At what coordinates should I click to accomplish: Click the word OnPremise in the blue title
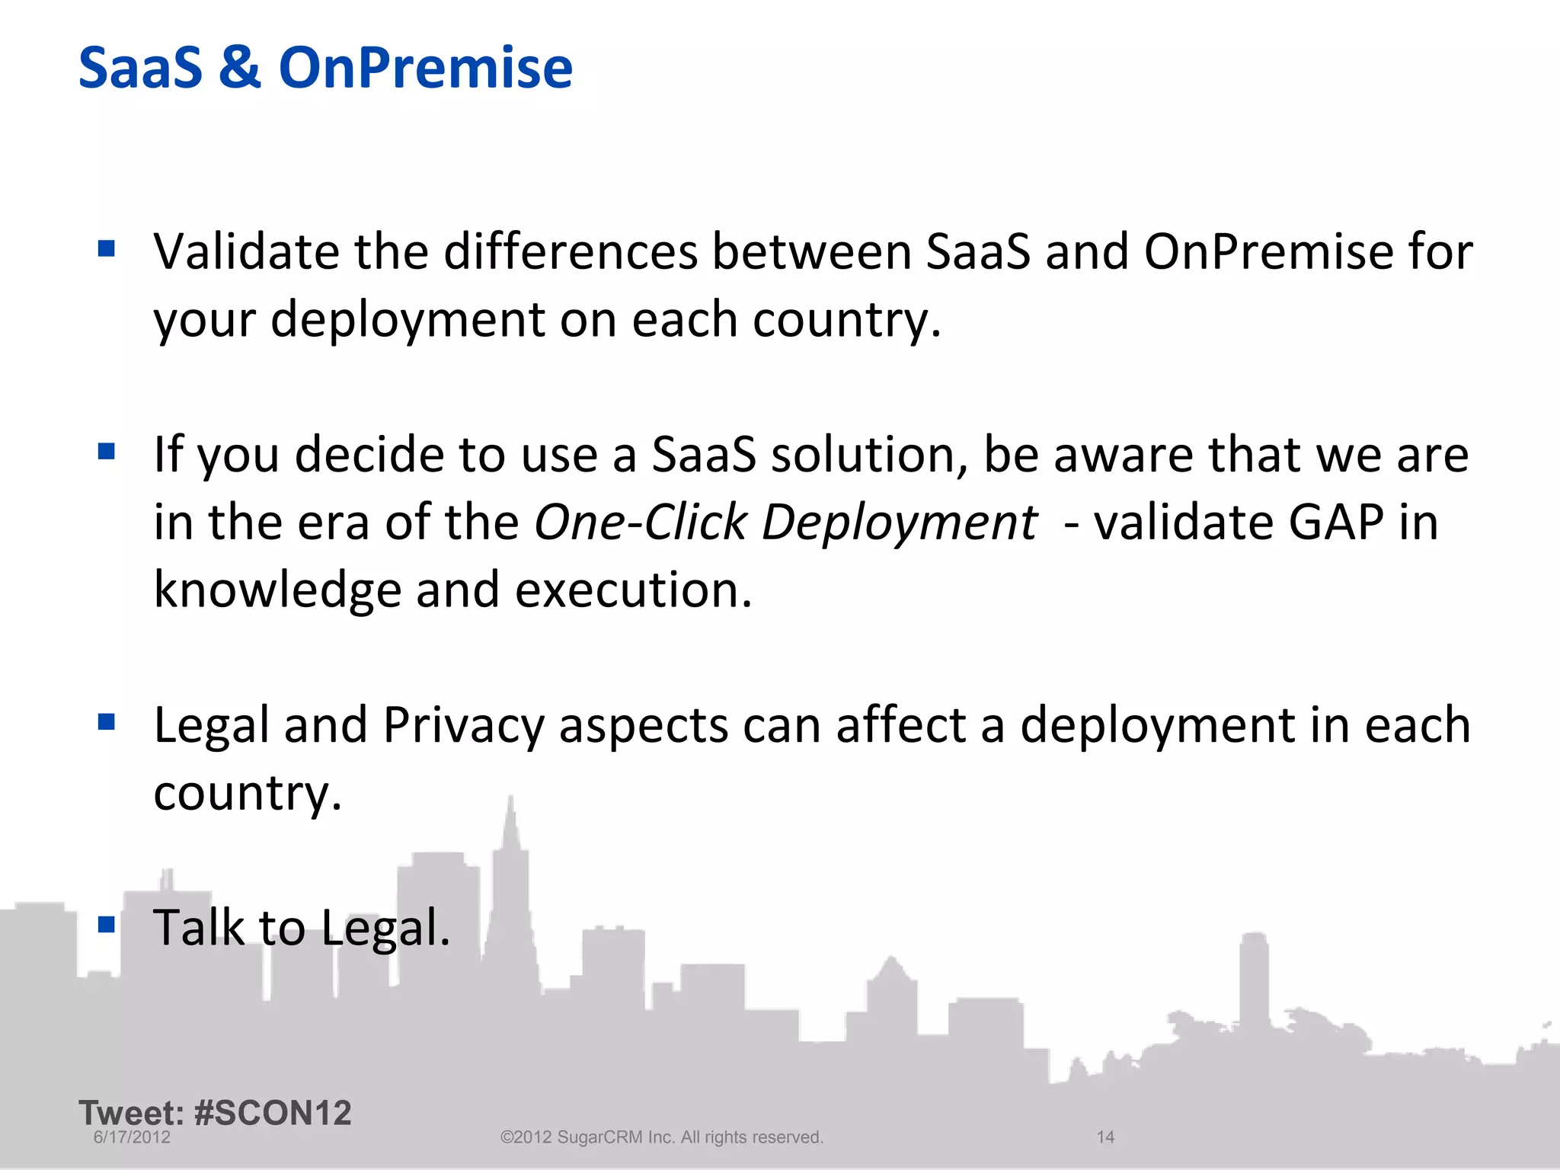pyautogui.click(x=425, y=69)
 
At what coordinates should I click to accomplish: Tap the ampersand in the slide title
pyautogui.click(x=240, y=69)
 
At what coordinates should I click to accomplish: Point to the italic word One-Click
pyautogui.click(x=640, y=523)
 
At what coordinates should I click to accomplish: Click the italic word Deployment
pyautogui.click(x=899, y=524)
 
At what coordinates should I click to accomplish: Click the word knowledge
pyautogui.click(x=277, y=590)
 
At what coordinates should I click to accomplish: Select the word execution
pyautogui.click(x=633, y=590)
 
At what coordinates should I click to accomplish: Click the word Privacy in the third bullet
pyautogui.click(x=463, y=725)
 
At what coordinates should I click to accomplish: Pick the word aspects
pyautogui.click(x=644, y=725)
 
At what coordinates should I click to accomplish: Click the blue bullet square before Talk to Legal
pyautogui.click(x=107, y=925)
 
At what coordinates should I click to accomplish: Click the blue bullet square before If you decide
pyautogui.click(x=107, y=452)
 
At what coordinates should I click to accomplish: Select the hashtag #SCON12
pyautogui.click(x=273, y=1113)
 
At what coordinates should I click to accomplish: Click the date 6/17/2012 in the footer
pyautogui.click(x=132, y=1137)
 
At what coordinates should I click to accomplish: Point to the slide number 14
pyautogui.click(x=1105, y=1137)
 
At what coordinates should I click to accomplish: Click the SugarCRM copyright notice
pyautogui.click(x=661, y=1137)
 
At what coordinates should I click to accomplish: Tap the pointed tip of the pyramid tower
pyautogui.click(x=510, y=798)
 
